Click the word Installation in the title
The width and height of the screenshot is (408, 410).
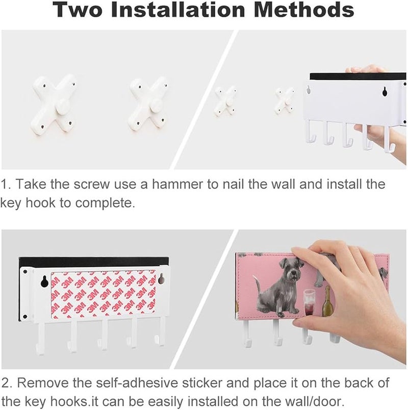[178, 9]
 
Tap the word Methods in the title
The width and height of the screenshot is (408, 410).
[304, 9]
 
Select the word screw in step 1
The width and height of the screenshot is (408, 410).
[91, 184]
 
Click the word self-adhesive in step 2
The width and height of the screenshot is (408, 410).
[137, 383]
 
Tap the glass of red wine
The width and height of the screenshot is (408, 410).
[310, 302]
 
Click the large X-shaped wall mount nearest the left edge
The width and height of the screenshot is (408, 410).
[54, 104]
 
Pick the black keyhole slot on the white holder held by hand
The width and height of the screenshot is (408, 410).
[385, 91]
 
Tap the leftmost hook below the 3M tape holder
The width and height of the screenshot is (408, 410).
[41, 338]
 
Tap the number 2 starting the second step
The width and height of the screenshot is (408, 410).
[6, 383]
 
